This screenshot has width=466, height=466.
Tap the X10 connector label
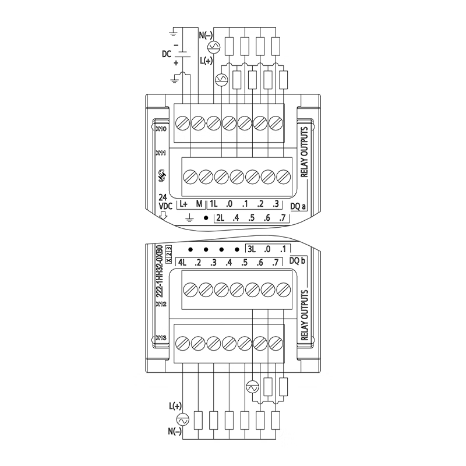[x=161, y=128]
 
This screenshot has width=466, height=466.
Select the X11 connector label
[x=161, y=153]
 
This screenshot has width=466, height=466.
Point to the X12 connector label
[x=161, y=303]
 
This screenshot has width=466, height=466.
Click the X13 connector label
[x=161, y=337]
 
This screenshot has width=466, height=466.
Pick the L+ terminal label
[x=183, y=204]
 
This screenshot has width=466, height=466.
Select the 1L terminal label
[x=214, y=204]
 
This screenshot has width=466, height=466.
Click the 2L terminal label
[x=220, y=218]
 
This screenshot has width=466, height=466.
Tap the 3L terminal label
[x=252, y=249]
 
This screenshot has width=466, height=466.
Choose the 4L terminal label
[x=182, y=262]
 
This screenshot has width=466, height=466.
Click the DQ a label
[x=299, y=204]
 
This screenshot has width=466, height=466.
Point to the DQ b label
[x=298, y=261]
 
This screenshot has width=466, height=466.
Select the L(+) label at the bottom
[x=175, y=405]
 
